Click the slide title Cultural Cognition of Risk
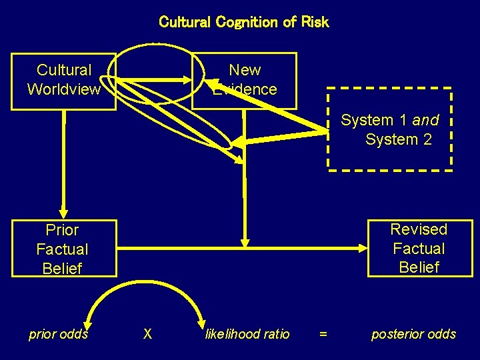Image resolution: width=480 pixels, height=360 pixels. [243, 22]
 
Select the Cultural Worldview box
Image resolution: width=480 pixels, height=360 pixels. [64, 81]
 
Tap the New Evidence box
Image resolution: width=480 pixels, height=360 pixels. [245, 80]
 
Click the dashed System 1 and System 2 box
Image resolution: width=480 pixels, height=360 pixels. [391, 129]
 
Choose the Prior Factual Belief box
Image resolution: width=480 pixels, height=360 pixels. [63, 249]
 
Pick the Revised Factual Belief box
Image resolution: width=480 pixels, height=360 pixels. [419, 248]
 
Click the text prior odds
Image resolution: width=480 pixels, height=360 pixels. [58, 334]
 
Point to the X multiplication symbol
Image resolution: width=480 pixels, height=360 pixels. [147, 334]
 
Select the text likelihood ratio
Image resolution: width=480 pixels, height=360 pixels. [247, 334]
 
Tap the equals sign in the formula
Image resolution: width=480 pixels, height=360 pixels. [323, 334]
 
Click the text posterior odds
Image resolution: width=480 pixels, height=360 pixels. [413, 334]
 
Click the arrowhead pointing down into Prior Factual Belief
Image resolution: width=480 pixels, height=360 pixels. [64, 213]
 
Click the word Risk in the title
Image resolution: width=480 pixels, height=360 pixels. [315, 22]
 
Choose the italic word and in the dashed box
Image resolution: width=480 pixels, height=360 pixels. [425, 121]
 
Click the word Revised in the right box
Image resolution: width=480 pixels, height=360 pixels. [419, 229]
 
